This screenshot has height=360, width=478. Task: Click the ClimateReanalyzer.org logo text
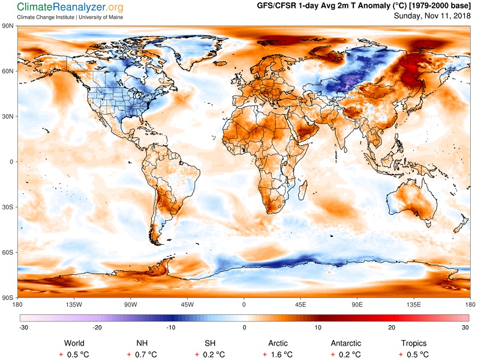tap(62, 7)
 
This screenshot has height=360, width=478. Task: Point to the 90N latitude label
tap(8, 26)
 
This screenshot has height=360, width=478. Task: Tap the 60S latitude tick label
tap(8, 253)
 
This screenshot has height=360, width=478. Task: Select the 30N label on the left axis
tap(8, 116)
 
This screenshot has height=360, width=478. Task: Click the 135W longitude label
tap(74, 305)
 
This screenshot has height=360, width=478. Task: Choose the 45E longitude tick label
tap(301, 305)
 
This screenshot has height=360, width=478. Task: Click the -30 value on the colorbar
tap(23, 328)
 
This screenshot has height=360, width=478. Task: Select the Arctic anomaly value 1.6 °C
tap(278, 355)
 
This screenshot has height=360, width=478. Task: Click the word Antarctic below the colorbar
tap(346, 343)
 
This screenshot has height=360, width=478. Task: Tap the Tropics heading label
tap(414, 343)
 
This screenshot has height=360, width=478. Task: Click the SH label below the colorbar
tap(210, 343)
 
